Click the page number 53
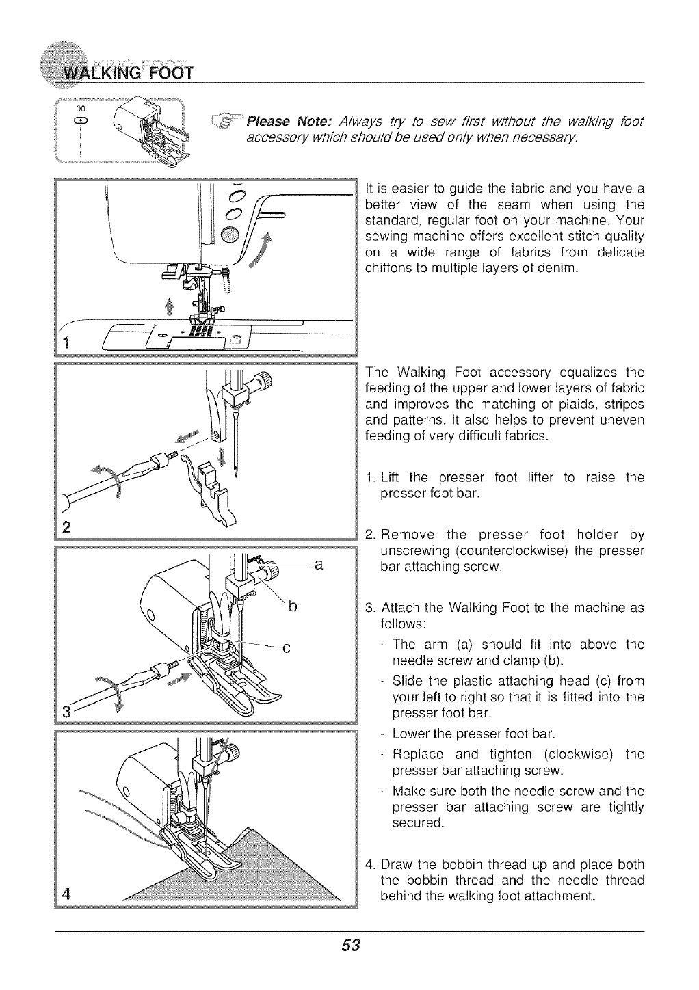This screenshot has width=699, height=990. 350,946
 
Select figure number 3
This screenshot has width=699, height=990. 67,709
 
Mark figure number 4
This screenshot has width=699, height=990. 67,894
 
